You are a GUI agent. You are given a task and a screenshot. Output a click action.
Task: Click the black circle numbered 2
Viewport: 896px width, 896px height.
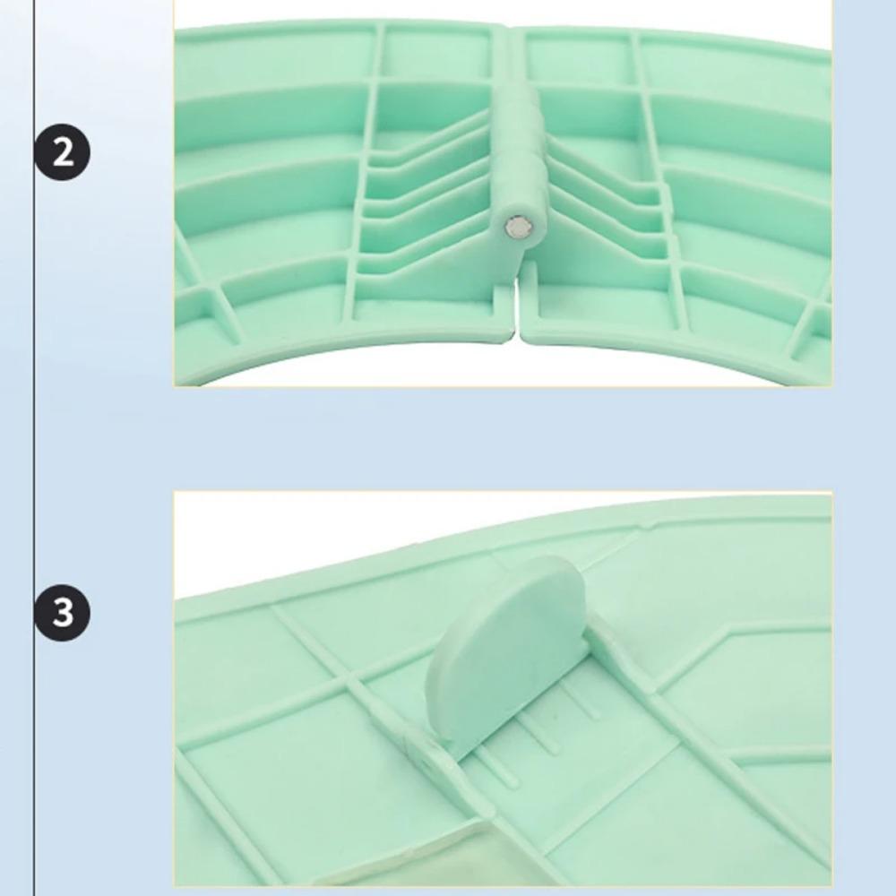(62, 152)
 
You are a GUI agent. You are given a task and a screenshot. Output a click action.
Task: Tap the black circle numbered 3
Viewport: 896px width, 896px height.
(62, 612)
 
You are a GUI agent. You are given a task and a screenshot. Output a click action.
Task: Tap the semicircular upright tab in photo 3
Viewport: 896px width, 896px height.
(505, 651)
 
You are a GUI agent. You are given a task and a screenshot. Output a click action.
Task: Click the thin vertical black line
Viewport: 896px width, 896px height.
(34, 448)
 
